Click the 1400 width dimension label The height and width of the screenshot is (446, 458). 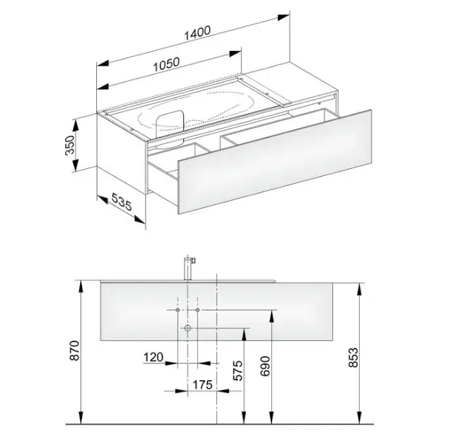pyautogui.click(x=197, y=33)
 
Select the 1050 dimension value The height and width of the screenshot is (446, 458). pyautogui.click(x=166, y=64)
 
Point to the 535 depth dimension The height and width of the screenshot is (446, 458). pyautogui.click(x=122, y=202)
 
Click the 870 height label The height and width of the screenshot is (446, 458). pyautogui.click(x=74, y=350)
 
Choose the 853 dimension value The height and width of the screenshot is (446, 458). pyautogui.click(x=353, y=357)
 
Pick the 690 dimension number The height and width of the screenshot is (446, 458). pyautogui.click(x=265, y=366)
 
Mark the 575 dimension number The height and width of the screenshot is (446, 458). pyautogui.click(x=237, y=370)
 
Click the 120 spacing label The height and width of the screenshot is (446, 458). pyautogui.click(x=153, y=357)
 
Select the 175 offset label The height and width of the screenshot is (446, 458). pyautogui.click(x=202, y=385)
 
